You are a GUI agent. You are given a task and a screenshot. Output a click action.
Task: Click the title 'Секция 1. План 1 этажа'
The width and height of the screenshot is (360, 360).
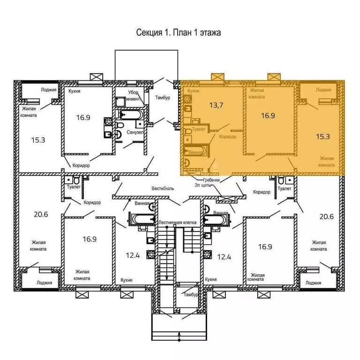tap(179, 32)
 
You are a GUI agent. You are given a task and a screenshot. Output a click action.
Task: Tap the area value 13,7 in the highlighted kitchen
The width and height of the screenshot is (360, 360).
tap(216, 105)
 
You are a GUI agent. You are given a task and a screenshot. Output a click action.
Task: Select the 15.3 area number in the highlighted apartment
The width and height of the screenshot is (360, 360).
tap(323, 136)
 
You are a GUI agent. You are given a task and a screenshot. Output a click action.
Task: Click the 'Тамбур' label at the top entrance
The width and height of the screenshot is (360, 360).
tap(163, 97)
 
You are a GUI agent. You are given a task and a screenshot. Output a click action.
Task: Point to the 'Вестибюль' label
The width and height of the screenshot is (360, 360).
tap(163, 188)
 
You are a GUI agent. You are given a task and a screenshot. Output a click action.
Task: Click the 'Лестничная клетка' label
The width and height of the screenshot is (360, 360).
tap(177, 222)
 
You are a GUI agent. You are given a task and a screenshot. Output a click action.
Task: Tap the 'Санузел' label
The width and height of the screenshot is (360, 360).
tap(135, 133)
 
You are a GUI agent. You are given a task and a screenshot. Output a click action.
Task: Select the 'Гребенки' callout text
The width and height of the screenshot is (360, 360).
tap(211, 180)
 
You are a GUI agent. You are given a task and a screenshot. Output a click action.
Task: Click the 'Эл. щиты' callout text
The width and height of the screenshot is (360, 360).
tap(202, 185)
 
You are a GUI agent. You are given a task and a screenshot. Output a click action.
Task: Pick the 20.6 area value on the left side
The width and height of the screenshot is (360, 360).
tap(41, 214)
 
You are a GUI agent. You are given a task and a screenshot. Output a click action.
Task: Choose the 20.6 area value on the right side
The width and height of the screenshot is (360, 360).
tap(326, 216)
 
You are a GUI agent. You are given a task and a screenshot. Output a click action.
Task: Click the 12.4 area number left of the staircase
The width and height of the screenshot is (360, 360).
tap(133, 255)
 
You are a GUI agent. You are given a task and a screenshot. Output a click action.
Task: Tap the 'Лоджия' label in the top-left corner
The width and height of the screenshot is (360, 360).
tap(49, 90)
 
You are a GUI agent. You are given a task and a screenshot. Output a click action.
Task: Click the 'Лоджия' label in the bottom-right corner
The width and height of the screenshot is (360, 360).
tap(313, 283)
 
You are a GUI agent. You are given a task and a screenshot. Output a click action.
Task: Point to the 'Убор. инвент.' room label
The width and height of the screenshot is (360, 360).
tap(135, 96)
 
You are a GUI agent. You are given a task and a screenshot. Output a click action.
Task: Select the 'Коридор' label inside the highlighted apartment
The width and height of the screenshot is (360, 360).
tap(227, 136)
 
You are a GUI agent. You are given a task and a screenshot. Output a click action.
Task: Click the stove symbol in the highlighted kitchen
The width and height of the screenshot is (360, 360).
tap(187, 99)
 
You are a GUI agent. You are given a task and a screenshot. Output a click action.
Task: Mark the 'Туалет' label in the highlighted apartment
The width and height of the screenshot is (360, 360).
tap(199, 129)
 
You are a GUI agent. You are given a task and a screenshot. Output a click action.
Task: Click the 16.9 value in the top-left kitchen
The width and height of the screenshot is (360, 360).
tap(83, 118)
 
